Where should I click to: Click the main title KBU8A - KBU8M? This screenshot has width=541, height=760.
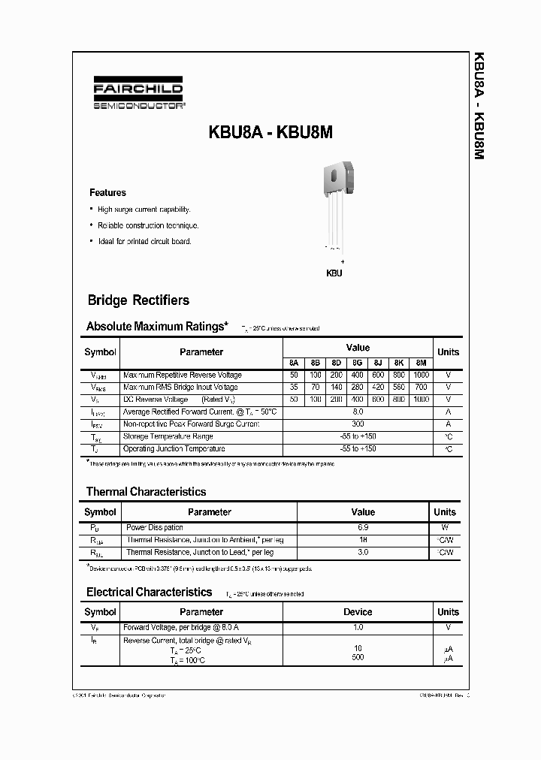(270, 132)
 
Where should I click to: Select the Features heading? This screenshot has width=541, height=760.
(107, 193)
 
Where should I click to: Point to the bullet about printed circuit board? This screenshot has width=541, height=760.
(144, 242)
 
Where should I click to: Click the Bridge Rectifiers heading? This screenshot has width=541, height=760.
(138, 300)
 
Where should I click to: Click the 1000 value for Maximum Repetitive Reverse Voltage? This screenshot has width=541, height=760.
(421, 375)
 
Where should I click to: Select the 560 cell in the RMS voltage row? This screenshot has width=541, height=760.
(399, 388)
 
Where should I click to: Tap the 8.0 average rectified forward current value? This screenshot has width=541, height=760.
(358, 412)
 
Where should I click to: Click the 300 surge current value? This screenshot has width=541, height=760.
(358, 424)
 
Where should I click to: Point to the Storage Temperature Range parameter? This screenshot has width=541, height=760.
(168, 436)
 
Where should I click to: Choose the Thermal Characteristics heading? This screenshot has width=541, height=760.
(146, 492)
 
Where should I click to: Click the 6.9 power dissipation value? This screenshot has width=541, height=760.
(363, 527)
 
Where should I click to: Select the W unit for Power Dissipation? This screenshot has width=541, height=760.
(445, 527)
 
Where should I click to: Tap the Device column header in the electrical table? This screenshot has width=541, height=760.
(358, 612)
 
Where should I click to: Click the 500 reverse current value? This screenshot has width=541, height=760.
(358, 658)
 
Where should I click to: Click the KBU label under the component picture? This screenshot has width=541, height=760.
(334, 273)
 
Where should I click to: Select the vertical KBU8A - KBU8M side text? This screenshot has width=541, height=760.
(478, 105)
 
